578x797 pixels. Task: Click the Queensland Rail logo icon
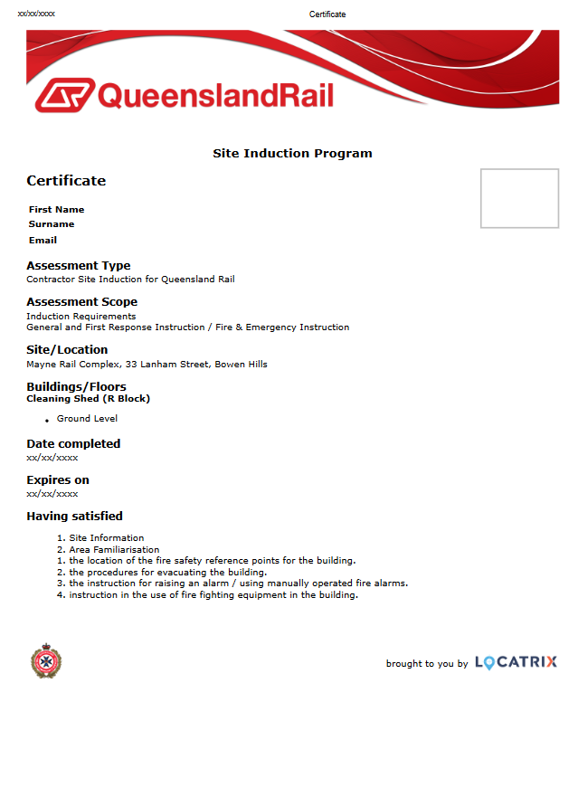pos(62,95)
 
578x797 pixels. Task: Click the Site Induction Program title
pos(292,153)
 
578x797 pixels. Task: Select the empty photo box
pos(519,198)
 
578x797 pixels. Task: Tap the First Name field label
pos(56,209)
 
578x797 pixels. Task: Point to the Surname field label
pos(52,223)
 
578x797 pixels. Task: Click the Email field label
pos(43,240)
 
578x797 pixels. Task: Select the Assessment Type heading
pos(78,265)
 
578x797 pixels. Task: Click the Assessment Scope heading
pos(81,301)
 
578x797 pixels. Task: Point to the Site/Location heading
pos(67,349)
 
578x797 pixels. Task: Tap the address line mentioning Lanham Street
pos(147,364)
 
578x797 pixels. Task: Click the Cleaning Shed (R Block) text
pos(88,398)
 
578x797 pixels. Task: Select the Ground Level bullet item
pos(87,418)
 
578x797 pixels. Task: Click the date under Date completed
pos(52,457)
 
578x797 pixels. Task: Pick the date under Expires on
pos(52,493)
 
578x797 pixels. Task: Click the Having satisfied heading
pos(74,516)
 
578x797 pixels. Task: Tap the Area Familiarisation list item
pos(114,549)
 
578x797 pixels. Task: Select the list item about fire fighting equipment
pos(213,594)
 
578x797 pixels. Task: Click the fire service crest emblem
pos(45,662)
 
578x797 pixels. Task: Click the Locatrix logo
pos(516,663)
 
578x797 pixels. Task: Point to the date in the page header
pos(36,14)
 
